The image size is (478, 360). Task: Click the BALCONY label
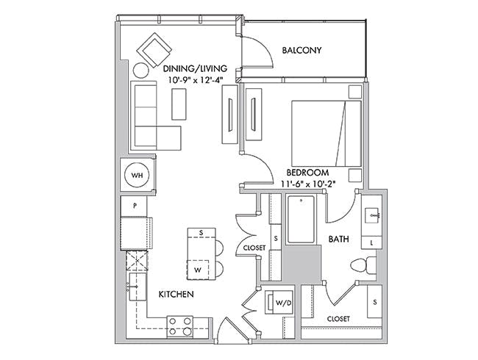(x=302, y=50)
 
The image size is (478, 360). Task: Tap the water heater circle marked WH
(x=138, y=175)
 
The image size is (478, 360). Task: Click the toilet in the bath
(x=363, y=265)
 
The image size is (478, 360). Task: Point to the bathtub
(x=301, y=219)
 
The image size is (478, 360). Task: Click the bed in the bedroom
(x=327, y=134)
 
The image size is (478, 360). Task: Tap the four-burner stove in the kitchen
(x=180, y=326)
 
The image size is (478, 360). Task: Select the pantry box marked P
(x=134, y=206)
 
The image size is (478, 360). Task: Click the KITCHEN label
(x=176, y=294)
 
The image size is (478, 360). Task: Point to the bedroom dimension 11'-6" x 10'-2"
(x=308, y=184)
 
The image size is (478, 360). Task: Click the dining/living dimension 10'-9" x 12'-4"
(x=196, y=80)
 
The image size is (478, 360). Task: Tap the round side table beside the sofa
(x=141, y=71)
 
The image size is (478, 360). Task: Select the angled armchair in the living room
(x=154, y=50)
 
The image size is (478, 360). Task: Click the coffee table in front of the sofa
(x=179, y=104)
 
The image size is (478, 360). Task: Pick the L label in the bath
(x=371, y=242)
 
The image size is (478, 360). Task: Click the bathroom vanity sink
(x=372, y=216)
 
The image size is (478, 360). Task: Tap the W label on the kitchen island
(x=198, y=270)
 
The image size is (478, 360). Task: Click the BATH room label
(x=338, y=240)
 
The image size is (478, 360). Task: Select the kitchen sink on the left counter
(x=138, y=287)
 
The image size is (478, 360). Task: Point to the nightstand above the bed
(x=355, y=92)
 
